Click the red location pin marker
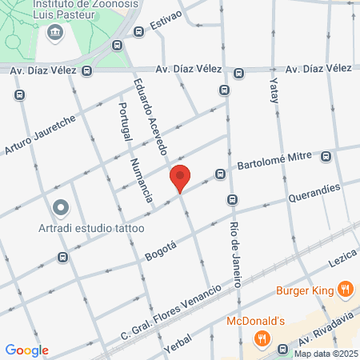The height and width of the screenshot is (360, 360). coord(180,177)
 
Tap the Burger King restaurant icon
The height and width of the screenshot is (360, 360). coord(345,290)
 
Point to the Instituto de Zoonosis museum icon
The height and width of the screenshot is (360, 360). coord(54,32)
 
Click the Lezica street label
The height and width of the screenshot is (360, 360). coord(340,261)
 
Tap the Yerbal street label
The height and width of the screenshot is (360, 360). coord(178,345)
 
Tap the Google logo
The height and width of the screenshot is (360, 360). coord(26,350)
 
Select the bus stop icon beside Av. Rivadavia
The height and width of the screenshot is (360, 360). coord(282,349)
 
